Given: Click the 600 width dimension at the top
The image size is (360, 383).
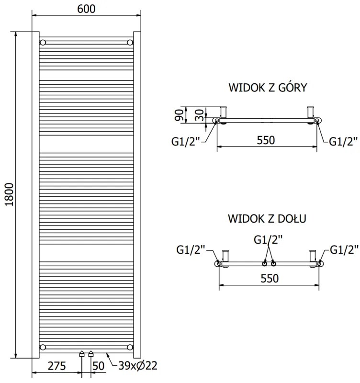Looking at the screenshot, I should (x=86, y=9).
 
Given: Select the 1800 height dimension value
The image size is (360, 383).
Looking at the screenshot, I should (x=9, y=195).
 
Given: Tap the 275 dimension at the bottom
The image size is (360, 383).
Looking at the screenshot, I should (x=56, y=366).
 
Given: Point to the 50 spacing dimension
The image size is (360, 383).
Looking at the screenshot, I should (x=98, y=366).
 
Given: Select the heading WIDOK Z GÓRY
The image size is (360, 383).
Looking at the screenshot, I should (x=268, y=88).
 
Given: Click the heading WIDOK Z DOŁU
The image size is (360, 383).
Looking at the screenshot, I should (x=268, y=219).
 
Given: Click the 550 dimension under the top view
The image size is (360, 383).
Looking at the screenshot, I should (x=266, y=140).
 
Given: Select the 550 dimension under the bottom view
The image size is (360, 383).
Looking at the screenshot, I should (x=269, y=278).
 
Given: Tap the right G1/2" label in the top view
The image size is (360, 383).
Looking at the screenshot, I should (x=343, y=141).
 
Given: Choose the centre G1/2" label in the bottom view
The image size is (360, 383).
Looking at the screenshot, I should (x=268, y=238).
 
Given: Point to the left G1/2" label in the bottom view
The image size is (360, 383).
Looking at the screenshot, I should (x=191, y=249).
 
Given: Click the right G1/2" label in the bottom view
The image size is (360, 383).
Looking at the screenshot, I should (x=344, y=249).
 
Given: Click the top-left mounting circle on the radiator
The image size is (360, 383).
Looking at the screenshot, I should (x=43, y=42).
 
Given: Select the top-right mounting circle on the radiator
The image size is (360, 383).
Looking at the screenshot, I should (x=130, y=42).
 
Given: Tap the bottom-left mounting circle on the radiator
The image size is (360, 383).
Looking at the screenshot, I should (x=43, y=347).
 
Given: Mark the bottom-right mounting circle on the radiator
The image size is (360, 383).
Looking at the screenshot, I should (x=130, y=347).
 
